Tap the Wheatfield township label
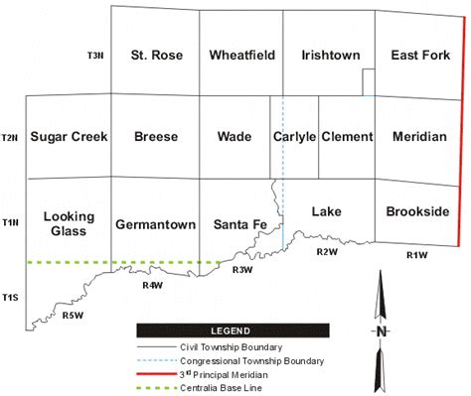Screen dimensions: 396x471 click(240, 55)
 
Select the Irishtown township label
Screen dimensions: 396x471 click(330, 55)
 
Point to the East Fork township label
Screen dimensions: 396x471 click(420, 55)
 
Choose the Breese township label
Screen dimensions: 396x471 click(155, 136)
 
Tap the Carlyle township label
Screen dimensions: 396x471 click(294, 136)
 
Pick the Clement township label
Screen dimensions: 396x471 click(347, 136)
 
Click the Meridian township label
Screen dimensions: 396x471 click(419, 136)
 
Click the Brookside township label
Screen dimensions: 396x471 click(417, 211)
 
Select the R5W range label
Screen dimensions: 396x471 click(72, 316)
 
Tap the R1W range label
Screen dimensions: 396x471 click(416, 256)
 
